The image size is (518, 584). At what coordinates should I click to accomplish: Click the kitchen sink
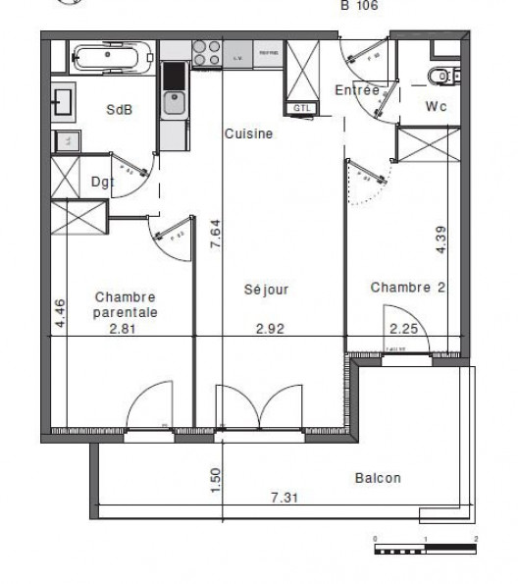[174, 102]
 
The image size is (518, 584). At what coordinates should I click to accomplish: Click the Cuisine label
[247, 134]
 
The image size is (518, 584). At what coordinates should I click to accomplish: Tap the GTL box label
[299, 107]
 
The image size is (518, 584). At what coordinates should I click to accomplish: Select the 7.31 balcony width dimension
[285, 499]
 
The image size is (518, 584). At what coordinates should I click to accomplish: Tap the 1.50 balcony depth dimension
[217, 478]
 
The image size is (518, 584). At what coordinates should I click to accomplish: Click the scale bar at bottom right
[425, 549]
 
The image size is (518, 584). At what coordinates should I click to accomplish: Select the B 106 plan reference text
[359, 6]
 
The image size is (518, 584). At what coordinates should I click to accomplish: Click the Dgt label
[102, 181]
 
